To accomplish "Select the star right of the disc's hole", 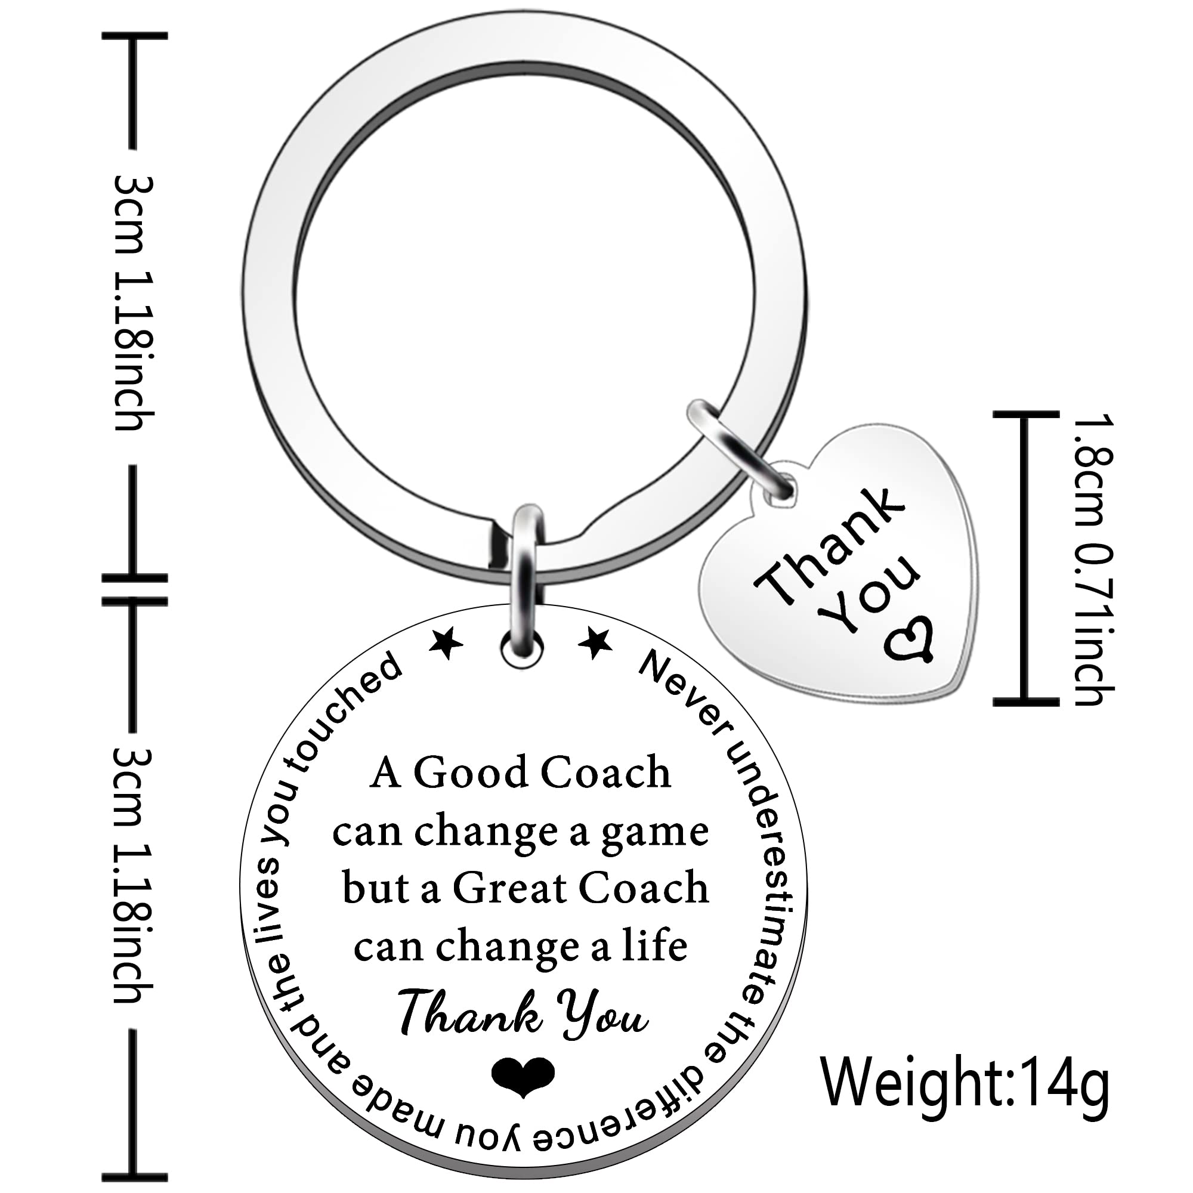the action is pyautogui.click(x=595, y=642).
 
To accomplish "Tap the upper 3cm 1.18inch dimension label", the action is pyautogui.click(x=133, y=302).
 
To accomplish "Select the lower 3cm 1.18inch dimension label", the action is pyautogui.click(x=133, y=883).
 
